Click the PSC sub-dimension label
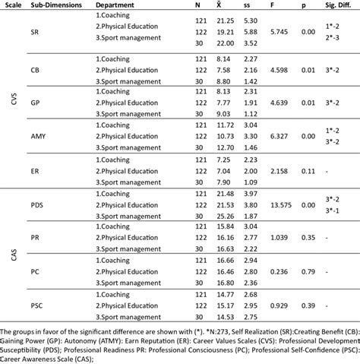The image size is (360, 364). [36, 305]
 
